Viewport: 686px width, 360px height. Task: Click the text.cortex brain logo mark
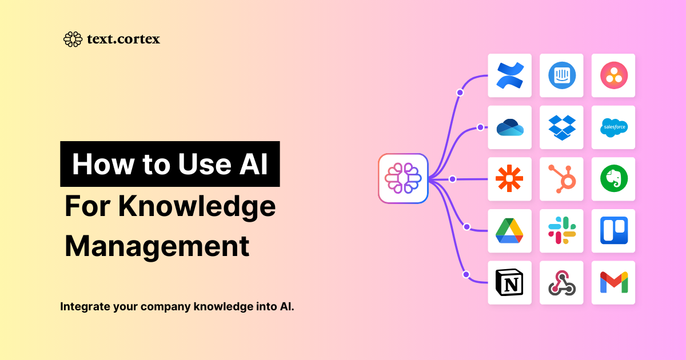73,39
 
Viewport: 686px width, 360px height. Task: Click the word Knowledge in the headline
197,207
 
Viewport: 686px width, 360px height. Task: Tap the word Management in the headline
157,246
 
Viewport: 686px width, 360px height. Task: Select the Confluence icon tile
509,75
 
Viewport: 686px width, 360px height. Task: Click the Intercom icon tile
561,75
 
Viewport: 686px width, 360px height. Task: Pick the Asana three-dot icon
614,75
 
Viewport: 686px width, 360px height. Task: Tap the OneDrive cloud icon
510,127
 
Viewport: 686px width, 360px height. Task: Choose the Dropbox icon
562,127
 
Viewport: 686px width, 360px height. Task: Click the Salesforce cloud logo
614,127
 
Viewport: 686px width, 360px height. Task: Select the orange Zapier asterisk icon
509,178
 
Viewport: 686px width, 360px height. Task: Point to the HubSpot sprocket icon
562,179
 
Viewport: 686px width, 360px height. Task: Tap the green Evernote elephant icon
614,178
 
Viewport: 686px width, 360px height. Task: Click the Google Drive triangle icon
509,230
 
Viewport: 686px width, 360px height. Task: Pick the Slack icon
562,230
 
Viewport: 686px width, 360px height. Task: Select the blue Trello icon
614,230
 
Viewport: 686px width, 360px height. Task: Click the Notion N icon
509,282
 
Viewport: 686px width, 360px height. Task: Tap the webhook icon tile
561,282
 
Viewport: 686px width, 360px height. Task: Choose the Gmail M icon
614,282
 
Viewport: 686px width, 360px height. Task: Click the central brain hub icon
403,178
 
